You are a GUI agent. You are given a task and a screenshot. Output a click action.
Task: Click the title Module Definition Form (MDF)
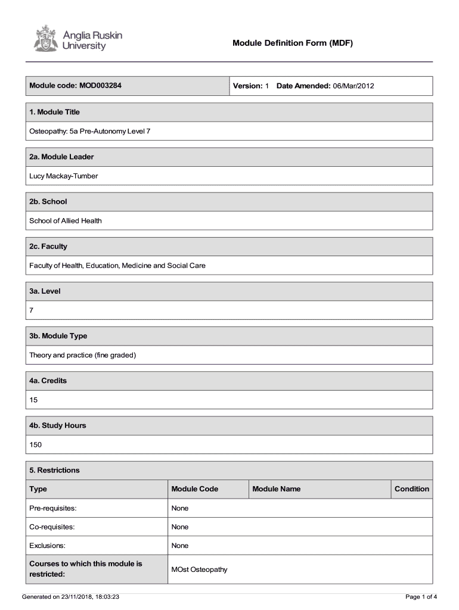293,43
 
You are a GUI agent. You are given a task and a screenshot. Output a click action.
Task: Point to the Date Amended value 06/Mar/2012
353,86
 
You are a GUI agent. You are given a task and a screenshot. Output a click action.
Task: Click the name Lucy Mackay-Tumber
64,176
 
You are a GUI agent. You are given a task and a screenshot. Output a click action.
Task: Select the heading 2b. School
48,201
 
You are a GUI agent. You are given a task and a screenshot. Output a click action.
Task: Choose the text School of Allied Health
66,220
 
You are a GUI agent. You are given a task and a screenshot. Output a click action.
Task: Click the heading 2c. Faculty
48,246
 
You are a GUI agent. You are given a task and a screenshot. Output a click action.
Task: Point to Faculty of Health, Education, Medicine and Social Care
117,265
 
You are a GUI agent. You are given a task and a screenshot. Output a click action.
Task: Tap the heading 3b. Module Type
58,336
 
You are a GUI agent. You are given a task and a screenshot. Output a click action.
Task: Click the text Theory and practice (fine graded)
83,355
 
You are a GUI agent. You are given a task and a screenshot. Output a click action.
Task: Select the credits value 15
33,400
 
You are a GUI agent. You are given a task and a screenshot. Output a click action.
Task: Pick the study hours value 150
36,444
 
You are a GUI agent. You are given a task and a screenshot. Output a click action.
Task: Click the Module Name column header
277,489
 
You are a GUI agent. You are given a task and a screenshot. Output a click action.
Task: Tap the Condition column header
412,489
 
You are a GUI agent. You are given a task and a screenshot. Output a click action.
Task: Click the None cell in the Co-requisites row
180,527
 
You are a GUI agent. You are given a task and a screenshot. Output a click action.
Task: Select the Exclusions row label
48,546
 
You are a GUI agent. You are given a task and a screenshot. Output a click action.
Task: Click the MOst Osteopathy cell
200,569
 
